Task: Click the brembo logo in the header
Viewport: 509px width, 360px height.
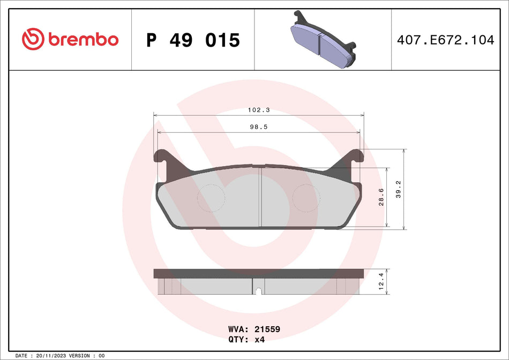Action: click(70, 39)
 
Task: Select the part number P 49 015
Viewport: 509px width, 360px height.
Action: click(193, 40)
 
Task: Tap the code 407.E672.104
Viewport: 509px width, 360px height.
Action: click(445, 40)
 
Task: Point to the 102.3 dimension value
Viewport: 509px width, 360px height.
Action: click(258, 110)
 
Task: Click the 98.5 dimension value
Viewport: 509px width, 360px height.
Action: click(258, 127)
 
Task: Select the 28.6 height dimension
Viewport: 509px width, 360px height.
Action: click(381, 197)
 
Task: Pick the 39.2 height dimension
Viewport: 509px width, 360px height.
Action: click(398, 189)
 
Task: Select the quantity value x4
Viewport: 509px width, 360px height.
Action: click(259, 339)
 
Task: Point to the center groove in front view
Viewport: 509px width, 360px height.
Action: click(260, 197)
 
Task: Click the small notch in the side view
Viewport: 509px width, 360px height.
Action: click(258, 291)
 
